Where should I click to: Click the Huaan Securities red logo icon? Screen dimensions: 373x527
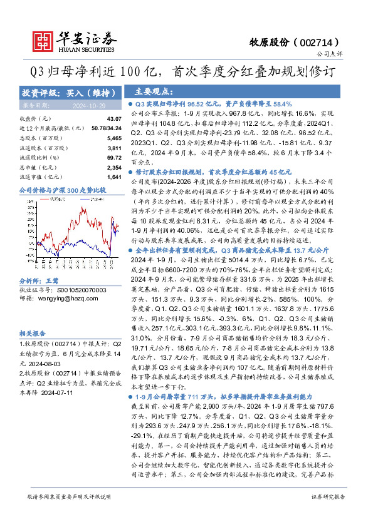43,40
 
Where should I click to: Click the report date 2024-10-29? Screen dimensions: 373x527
91,105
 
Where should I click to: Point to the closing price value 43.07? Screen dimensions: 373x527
113,118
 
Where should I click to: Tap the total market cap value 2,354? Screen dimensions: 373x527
113,168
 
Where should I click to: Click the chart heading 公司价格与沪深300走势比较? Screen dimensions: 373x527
63,190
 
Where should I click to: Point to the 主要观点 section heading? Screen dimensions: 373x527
154,91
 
